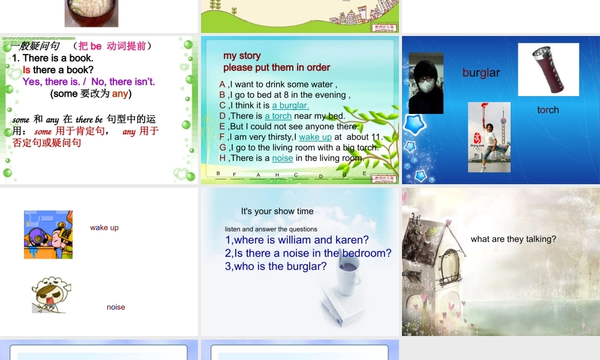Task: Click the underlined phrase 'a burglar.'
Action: pos(290,106)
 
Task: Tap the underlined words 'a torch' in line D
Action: pos(278,116)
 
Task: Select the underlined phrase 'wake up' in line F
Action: pos(315,137)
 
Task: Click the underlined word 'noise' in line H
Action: pos(283,158)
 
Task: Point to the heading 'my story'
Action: pos(242,56)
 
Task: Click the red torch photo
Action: pos(548,70)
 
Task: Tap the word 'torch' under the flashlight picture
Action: pos(548,110)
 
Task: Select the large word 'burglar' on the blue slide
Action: pos(481,73)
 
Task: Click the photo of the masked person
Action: pos(425,83)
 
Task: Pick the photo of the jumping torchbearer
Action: pos(489,137)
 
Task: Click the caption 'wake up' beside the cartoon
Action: pos(104,227)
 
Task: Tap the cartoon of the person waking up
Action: pos(48,235)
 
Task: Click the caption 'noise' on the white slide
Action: pos(116,307)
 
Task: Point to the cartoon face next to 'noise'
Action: pos(50,294)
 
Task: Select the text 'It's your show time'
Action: pos(277,211)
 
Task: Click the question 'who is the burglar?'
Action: pos(276,266)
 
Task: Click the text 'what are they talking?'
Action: pos(513,239)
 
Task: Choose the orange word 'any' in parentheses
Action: pos(120,94)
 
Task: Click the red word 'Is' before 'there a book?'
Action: pos(27,70)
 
